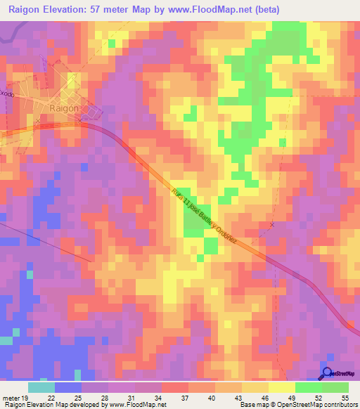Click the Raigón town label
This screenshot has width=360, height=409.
(66, 108)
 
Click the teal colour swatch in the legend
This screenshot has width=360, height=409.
(41, 387)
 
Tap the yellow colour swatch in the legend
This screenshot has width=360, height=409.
(281, 387)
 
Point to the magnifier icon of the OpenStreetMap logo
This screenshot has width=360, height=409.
(328, 373)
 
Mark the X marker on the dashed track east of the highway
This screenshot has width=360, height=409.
(273, 225)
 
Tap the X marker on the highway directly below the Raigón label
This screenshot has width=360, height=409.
(79, 120)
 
